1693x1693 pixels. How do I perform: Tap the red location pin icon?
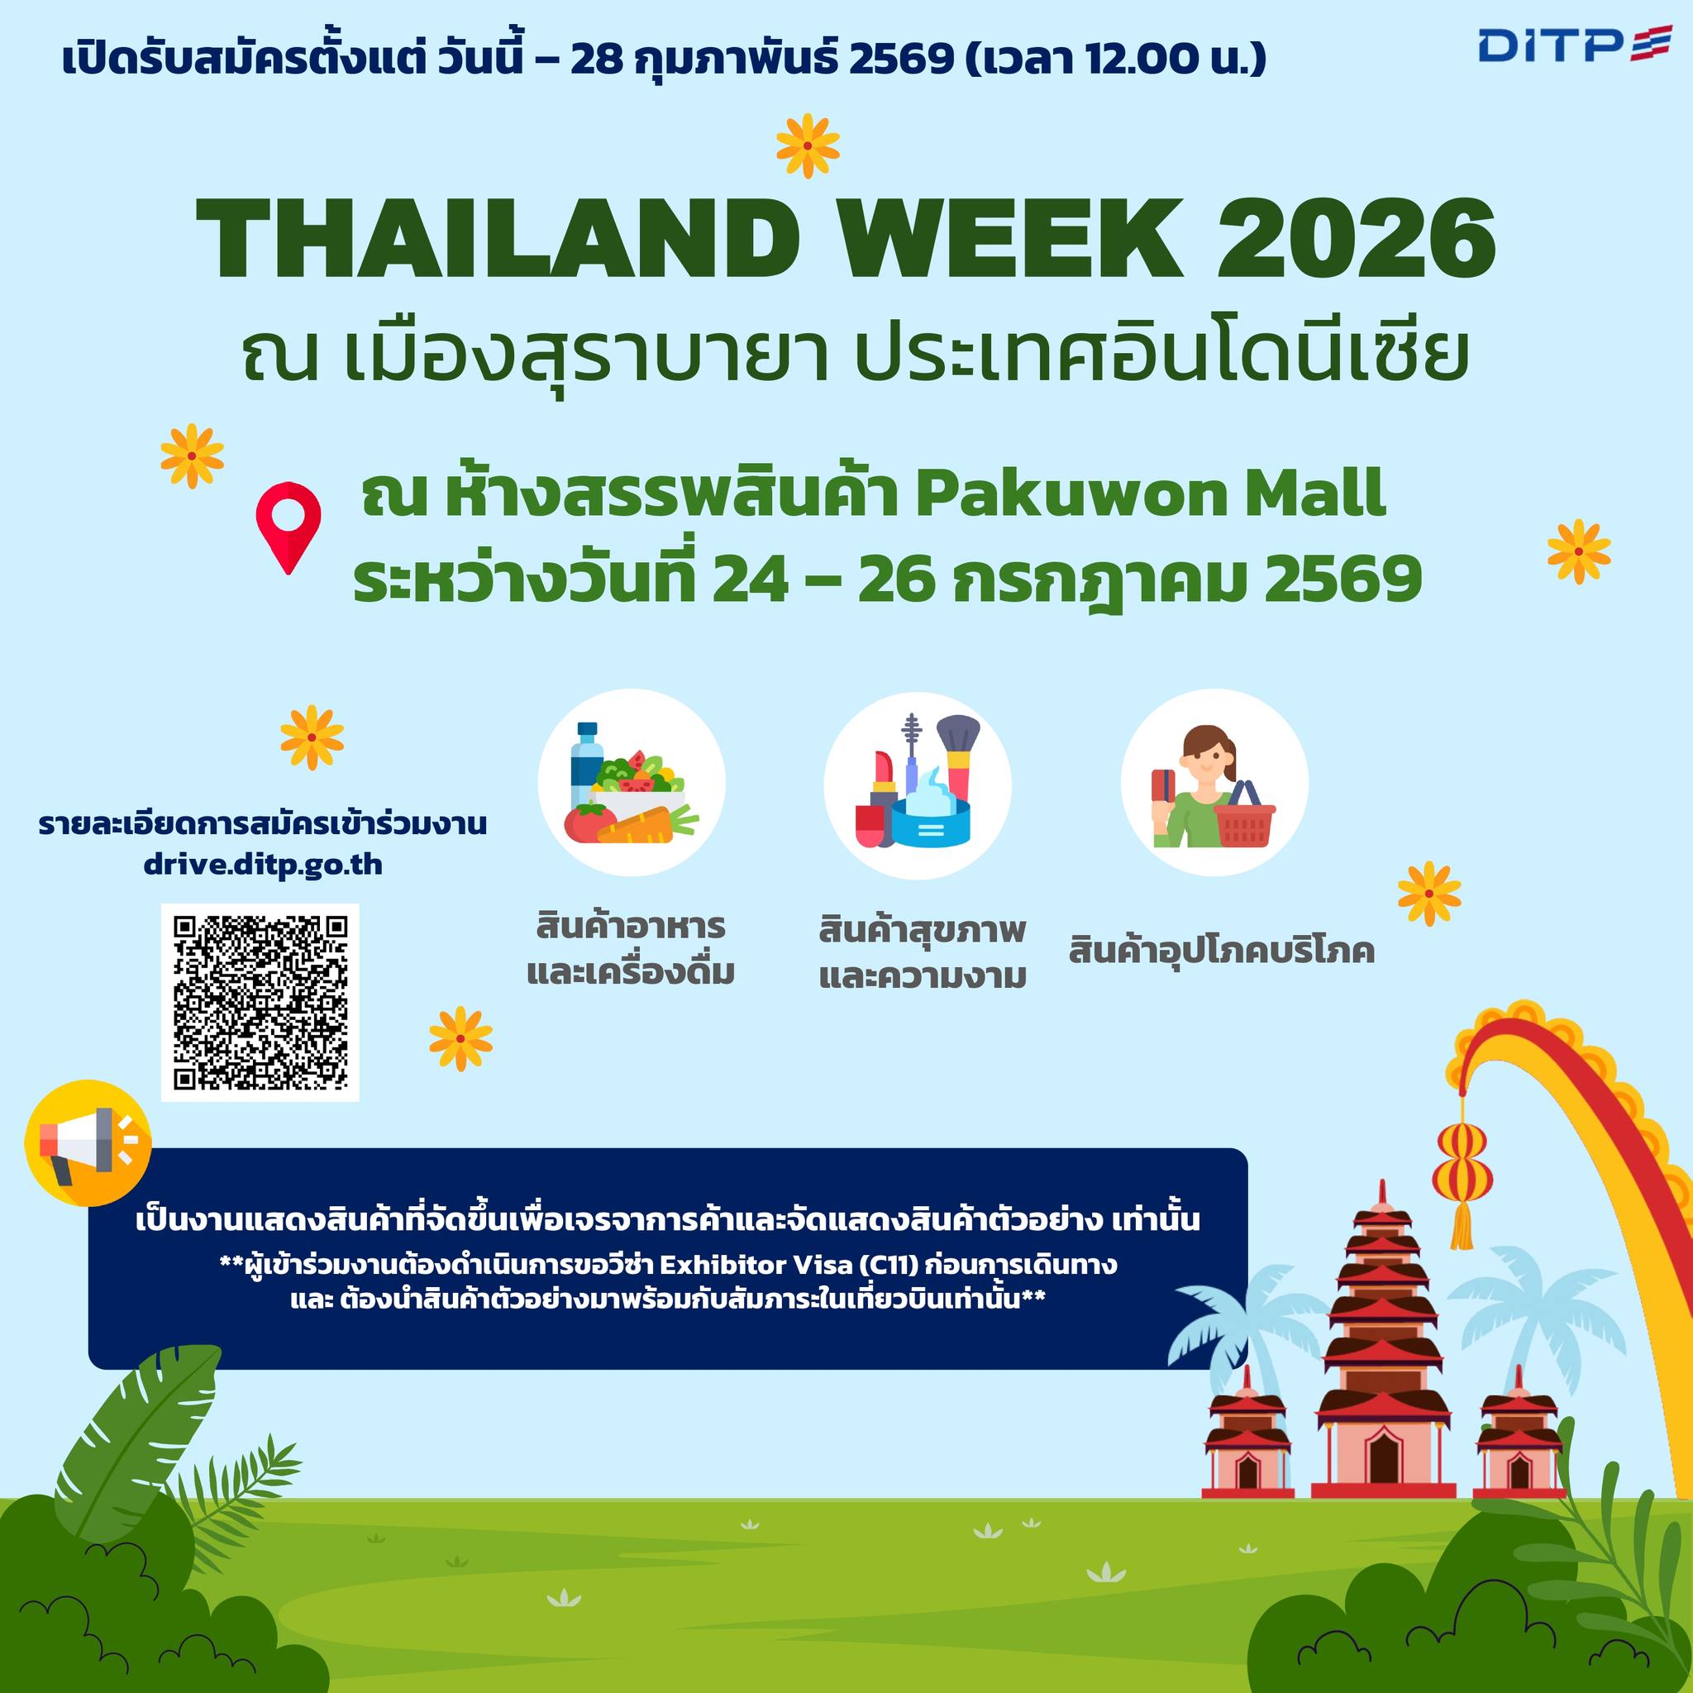click(x=289, y=527)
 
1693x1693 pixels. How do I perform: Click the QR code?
click(x=260, y=1003)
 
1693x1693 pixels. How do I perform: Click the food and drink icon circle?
click(x=632, y=784)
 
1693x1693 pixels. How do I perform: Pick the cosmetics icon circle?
click(x=918, y=784)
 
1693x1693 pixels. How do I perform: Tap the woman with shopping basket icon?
click(x=1214, y=784)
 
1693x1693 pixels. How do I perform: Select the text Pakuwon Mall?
click(x=1151, y=495)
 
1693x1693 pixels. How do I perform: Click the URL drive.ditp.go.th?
click(x=263, y=866)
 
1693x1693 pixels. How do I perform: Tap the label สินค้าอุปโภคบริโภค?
click(x=1221, y=950)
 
